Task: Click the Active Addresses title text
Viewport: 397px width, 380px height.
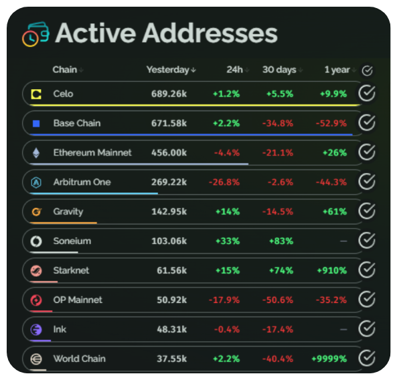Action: [166, 33]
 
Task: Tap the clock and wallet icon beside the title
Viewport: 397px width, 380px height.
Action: [35, 34]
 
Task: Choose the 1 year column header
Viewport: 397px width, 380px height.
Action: [336, 70]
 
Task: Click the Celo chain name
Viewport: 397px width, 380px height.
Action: [64, 94]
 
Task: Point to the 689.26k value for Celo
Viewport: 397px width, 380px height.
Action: [169, 94]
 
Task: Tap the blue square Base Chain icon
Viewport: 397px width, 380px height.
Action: [36, 123]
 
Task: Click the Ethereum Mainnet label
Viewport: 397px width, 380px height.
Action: [92, 153]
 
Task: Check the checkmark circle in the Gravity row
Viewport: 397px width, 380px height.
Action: [367, 211]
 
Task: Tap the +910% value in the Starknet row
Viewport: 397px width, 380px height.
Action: [332, 270]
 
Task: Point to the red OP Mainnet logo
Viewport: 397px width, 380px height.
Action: [36, 300]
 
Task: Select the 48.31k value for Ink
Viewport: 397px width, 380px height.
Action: [171, 329]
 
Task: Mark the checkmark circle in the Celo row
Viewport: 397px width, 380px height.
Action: [367, 94]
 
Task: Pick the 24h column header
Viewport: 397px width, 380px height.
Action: [234, 70]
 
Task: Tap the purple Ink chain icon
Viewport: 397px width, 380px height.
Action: [36, 329]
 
